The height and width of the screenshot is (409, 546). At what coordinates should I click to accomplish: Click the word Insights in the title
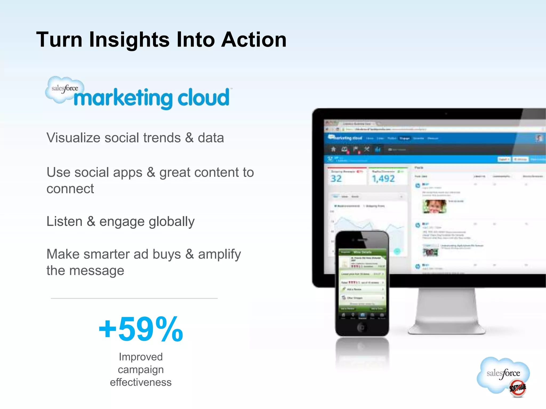(129, 40)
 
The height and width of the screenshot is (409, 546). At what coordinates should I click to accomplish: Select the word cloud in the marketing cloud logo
(203, 97)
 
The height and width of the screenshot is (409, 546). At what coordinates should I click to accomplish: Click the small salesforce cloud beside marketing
(64, 89)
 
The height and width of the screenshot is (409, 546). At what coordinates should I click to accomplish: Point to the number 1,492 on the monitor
(383, 179)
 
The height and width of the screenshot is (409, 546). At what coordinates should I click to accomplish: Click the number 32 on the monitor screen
(336, 179)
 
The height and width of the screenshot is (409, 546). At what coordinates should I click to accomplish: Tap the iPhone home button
(362, 328)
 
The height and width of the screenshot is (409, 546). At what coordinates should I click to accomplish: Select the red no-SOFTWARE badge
(517, 388)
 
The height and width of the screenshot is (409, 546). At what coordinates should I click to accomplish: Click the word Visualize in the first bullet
(73, 138)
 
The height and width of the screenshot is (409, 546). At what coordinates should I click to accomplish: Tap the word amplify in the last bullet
(219, 254)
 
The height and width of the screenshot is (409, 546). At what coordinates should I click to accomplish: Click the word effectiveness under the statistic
(141, 382)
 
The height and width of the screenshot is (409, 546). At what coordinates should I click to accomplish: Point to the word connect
(70, 189)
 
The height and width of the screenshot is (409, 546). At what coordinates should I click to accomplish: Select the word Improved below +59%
(141, 357)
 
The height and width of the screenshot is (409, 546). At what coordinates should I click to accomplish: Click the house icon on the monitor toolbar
(333, 149)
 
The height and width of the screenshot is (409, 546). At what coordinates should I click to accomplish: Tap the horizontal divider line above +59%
(134, 298)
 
